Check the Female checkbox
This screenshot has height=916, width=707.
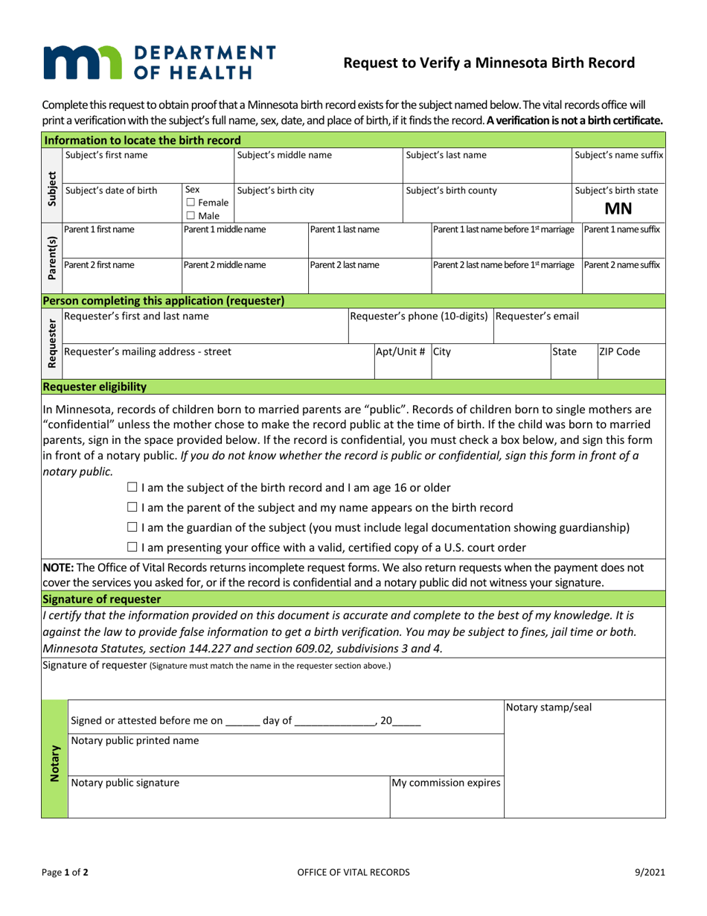click(x=191, y=203)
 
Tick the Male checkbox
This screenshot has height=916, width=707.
click(x=191, y=215)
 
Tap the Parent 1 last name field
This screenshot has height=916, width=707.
click(x=369, y=244)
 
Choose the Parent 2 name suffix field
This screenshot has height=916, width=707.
click(x=624, y=279)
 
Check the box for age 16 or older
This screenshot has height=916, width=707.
click(x=132, y=488)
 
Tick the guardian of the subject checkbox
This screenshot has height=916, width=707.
click(x=132, y=528)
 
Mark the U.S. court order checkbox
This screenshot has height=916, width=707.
click(x=132, y=548)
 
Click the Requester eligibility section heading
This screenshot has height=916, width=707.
click(x=95, y=387)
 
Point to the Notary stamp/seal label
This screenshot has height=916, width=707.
click(x=548, y=707)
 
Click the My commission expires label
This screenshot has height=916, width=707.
click(x=447, y=783)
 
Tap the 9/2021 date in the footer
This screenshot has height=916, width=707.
click(x=650, y=872)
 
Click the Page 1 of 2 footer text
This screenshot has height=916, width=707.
click(x=65, y=872)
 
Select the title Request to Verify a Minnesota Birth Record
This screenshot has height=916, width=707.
click(x=488, y=63)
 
